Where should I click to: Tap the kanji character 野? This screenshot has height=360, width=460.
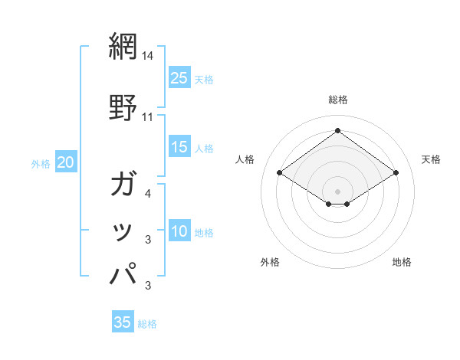click(x=123, y=107)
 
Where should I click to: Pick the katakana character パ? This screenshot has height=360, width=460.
click(x=124, y=273)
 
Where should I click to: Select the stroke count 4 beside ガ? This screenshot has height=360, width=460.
click(x=148, y=195)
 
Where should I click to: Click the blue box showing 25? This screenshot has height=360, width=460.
click(x=179, y=78)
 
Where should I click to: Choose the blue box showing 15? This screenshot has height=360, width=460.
click(x=179, y=147)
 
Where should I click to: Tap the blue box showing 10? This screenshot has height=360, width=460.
click(x=179, y=232)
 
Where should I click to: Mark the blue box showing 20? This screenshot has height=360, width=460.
click(x=66, y=162)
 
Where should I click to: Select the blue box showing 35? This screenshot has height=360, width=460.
click(x=123, y=322)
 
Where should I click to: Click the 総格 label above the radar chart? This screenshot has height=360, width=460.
click(x=337, y=100)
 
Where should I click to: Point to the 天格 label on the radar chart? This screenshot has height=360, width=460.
click(x=431, y=159)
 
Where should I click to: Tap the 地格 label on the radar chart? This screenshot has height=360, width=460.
click(x=402, y=262)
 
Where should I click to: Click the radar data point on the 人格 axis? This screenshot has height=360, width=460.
click(x=280, y=173)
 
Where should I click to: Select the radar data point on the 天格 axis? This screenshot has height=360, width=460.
click(x=396, y=173)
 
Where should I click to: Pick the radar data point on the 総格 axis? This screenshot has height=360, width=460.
click(x=337, y=130)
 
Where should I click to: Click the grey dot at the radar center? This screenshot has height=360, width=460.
click(x=337, y=191)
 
